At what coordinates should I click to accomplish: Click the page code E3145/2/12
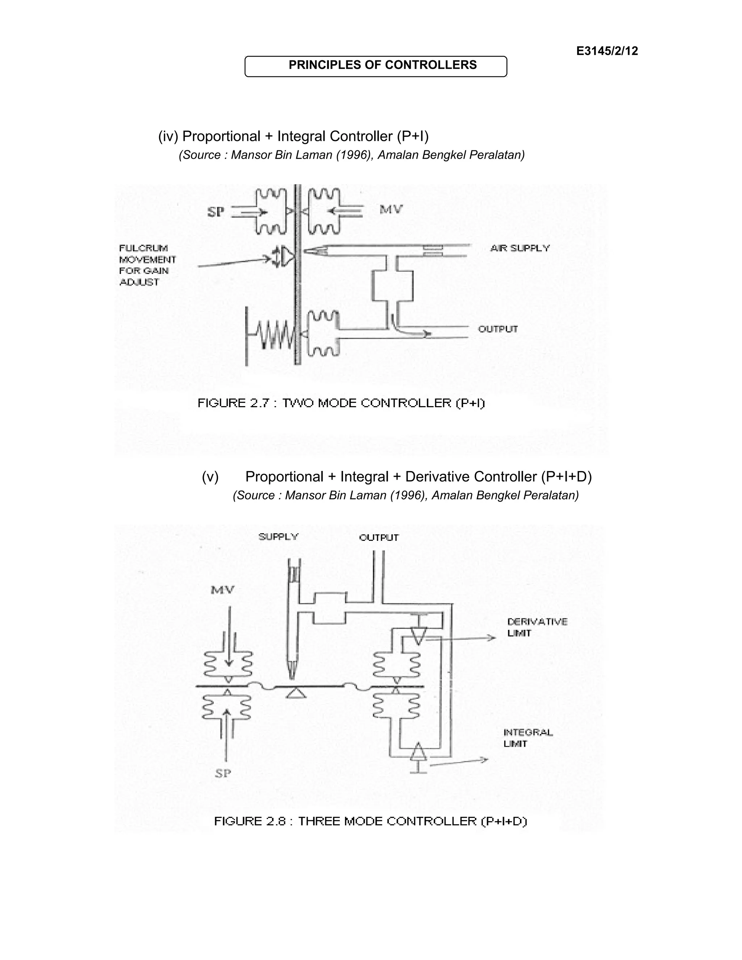point(607,51)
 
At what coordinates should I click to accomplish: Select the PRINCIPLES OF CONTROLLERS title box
point(376,66)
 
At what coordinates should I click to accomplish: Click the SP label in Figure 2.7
point(216,212)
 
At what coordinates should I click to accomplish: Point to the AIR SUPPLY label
point(520,249)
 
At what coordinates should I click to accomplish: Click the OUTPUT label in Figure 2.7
point(498,329)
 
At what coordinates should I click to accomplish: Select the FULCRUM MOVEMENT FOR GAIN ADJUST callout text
point(147,265)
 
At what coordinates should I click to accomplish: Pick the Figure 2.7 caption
point(341,403)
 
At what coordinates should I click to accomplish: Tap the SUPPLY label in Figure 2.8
point(279,537)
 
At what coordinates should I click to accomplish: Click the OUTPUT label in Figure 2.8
point(379,538)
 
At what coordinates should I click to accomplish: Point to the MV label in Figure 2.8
point(223,589)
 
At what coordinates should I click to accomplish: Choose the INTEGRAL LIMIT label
point(528,738)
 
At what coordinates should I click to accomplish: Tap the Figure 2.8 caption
point(370,821)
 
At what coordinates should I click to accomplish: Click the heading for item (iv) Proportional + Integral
point(293,136)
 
